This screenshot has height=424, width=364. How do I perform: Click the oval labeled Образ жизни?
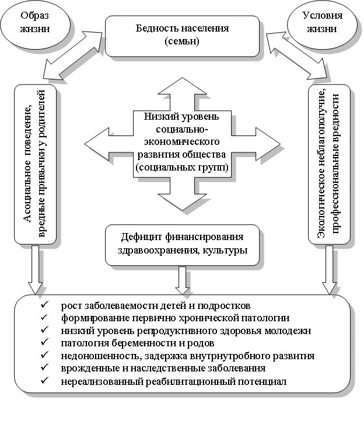click(x=35, y=25)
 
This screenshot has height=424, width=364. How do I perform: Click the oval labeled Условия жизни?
click(x=322, y=25)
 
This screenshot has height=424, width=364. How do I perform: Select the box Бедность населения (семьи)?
click(x=182, y=36)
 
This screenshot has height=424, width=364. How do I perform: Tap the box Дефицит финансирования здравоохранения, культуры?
click(x=182, y=245)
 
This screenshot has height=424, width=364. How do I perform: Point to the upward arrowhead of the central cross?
click(x=182, y=86)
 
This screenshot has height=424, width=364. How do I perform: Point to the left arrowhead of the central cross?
click(x=97, y=144)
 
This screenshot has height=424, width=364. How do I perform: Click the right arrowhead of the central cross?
click(x=268, y=144)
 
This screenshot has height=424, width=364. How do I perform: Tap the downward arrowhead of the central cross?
click(x=182, y=201)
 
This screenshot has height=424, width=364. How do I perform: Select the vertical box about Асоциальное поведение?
click(x=36, y=165)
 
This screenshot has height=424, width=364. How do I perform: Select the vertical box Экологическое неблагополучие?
click(x=329, y=165)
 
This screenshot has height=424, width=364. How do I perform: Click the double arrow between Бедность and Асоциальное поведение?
click(x=72, y=55)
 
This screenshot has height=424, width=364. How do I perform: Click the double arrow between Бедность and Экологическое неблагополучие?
click(x=298, y=56)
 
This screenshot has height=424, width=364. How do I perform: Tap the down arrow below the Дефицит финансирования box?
click(x=182, y=280)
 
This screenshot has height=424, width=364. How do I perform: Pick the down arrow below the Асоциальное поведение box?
click(x=36, y=270)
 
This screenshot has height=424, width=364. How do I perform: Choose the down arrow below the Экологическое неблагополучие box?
click(x=329, y=270)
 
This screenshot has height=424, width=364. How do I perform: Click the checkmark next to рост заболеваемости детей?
click(x=44, y=305)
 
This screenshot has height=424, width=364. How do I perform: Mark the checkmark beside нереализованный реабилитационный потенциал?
click(x=44, y=381)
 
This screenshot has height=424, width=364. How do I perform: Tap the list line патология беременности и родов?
click(x=138, y=343)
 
